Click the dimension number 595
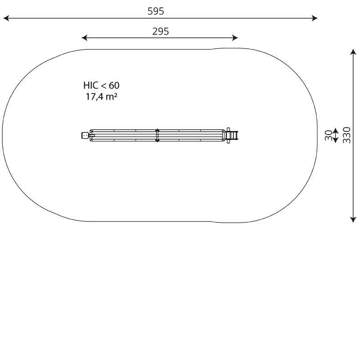(x=156, y=11)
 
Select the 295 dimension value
(x=161, y=31)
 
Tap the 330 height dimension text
(x=347, y=135)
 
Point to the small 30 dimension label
(x=328, y=135)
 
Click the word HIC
(x=91, y=85)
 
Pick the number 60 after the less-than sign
(x=114, y=85)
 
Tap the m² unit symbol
(x=112, y=97)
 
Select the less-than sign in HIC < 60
(x=103, y=86)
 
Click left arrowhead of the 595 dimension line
(x=6, y=18)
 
